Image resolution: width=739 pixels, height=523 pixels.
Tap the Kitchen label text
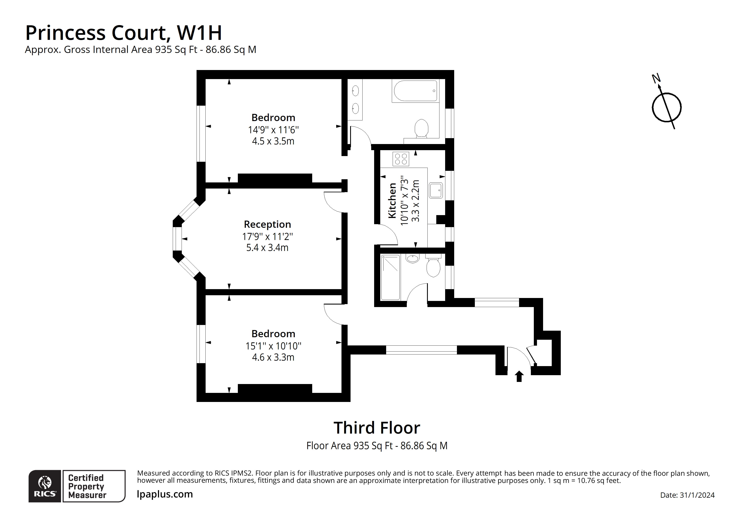tap(392, 200)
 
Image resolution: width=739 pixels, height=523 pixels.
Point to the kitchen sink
tap(436, 190)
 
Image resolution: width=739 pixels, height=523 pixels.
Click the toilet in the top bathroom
tap(421, 128)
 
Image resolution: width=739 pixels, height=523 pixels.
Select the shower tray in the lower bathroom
tap(390, 278)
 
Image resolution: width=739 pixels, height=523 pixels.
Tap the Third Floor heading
tap(377, 428)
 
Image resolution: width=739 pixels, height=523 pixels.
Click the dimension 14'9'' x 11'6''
tap(273, 130)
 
